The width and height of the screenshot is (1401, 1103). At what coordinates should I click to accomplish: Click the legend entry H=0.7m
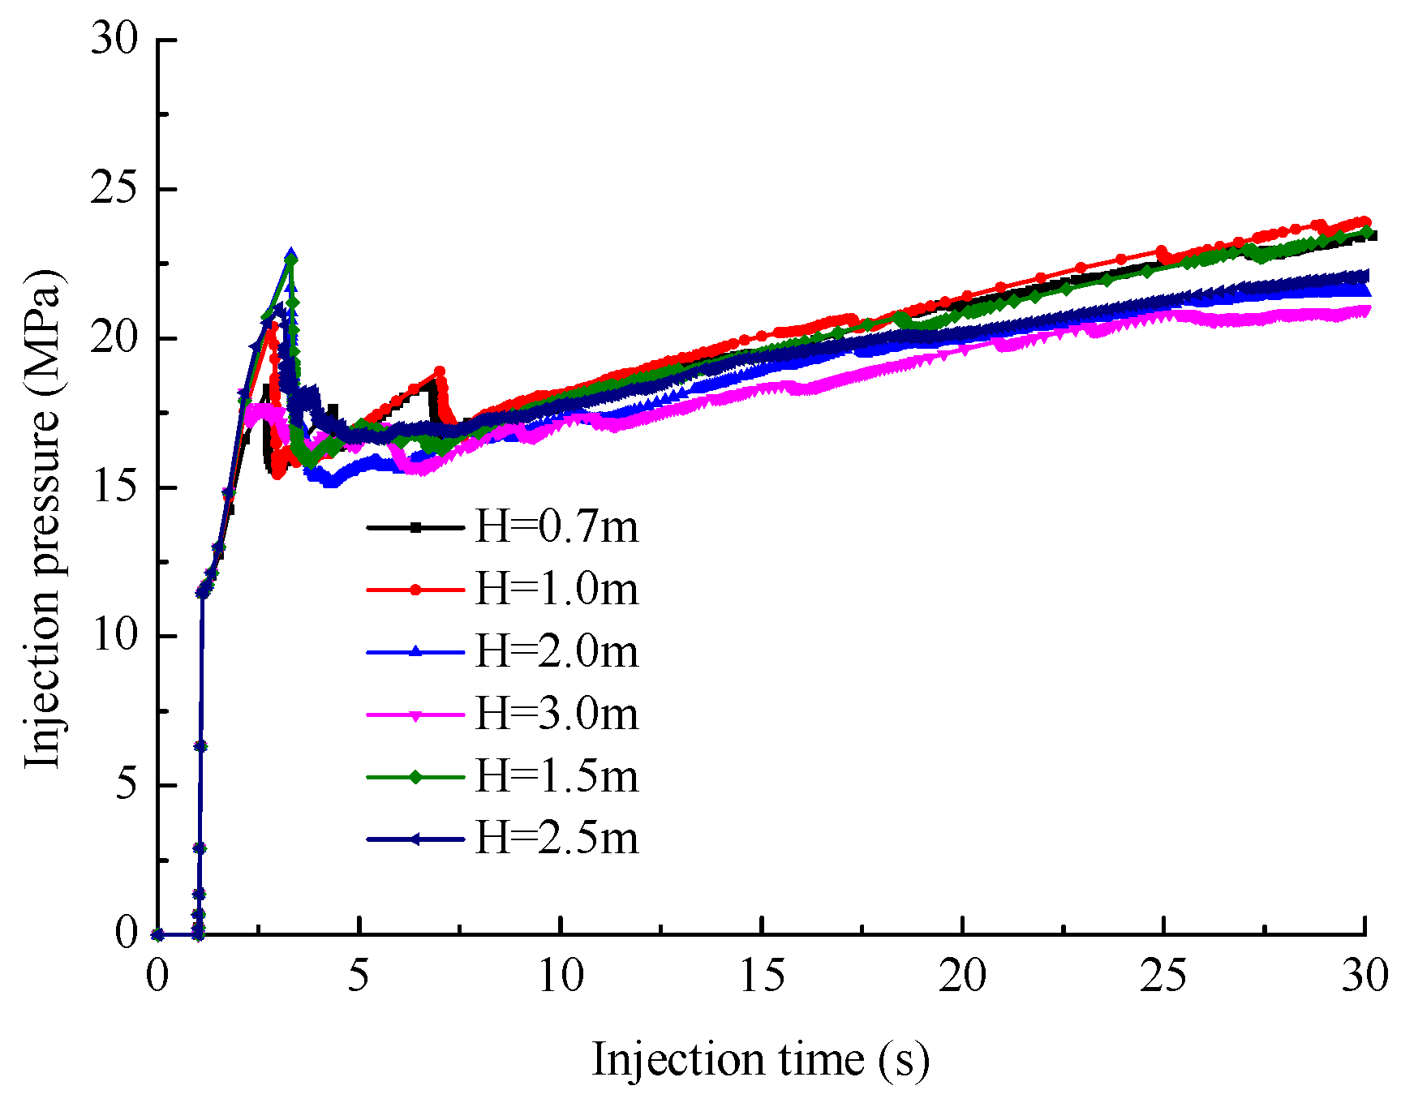(x=557, y=527)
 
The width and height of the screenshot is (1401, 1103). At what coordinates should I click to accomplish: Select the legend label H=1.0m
(x=557, y=590)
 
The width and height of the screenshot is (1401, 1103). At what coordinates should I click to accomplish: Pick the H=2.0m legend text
(x=557, y=652)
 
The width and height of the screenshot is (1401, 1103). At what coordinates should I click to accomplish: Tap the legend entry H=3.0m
(x=557, y=715)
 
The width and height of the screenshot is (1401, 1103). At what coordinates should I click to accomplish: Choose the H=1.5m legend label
(x=557, y=777)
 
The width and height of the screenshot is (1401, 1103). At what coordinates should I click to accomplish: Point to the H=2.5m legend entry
(x=557, y=838)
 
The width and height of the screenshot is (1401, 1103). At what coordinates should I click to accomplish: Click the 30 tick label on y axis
(x=114, y=39)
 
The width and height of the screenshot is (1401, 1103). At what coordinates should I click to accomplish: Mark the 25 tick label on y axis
(x=114, y=189)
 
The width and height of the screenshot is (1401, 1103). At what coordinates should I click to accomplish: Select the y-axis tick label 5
(x=127, y=784)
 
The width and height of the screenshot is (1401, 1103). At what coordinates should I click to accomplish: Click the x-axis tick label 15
(x=762, y=976)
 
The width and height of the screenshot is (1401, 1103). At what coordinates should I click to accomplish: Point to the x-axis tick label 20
(x=963, y=976)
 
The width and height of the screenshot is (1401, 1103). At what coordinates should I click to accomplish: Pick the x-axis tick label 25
(x=1163, y=976)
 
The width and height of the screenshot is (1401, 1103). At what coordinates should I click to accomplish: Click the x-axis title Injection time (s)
(x=760, y=1060)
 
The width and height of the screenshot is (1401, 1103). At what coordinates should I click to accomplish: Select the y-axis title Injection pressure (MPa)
(x=42, y=519)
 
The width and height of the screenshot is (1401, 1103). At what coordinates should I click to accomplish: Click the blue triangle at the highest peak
(x=290, y=255)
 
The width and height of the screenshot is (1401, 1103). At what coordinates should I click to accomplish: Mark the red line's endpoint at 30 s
(x=1364, y=221)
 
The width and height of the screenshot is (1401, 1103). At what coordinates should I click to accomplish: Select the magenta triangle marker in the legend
(x=415, y=716)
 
